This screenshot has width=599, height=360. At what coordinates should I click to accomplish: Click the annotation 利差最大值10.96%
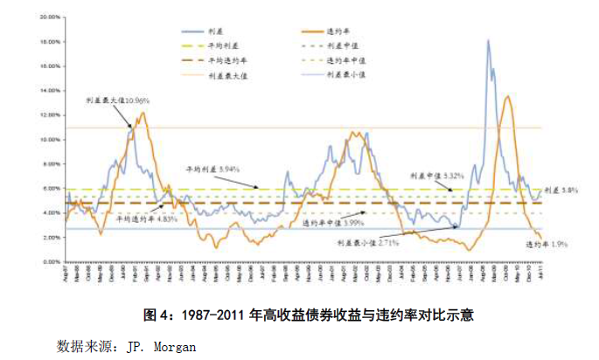coord(113,101)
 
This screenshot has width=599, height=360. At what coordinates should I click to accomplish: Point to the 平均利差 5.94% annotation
coord(212,168)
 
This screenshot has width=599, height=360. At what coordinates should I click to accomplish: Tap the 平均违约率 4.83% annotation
coord(147,219)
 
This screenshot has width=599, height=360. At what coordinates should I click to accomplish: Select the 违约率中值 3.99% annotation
coord(331,224)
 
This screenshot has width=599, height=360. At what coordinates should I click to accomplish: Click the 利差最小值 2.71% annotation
coord(368,243)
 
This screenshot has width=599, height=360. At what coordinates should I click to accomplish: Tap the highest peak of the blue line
coord(487,40)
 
